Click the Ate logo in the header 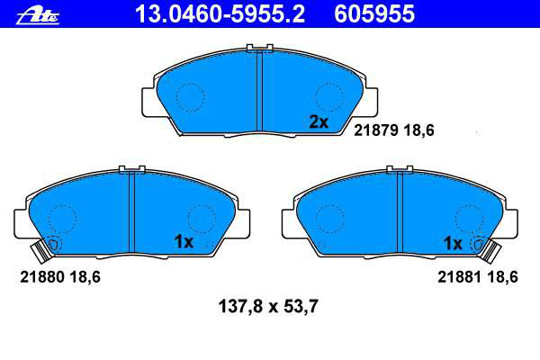[38, 16]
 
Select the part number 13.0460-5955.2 [220, 14]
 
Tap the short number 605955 [374, 14]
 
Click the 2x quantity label [319, 122]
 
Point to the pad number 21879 [376, 130]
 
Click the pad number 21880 [42, 277]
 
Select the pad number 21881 [460, 277]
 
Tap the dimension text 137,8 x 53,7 [268, 306]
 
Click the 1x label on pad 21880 [184, 242]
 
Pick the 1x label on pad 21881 [453, 244]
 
